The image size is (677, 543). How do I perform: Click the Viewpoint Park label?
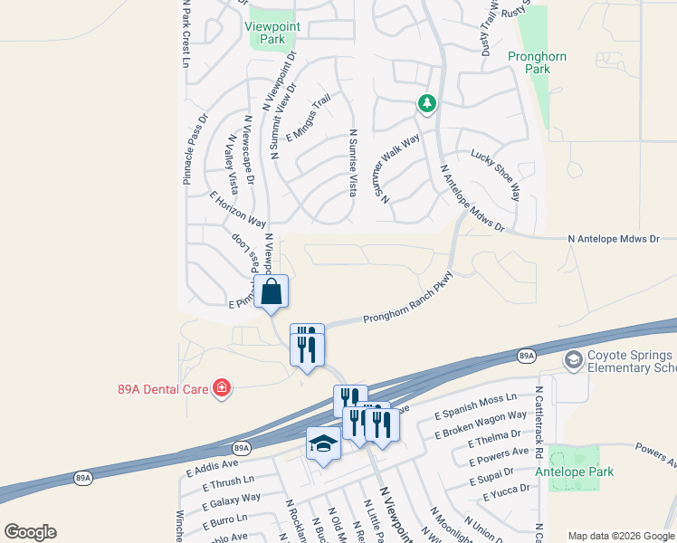pos(272,33)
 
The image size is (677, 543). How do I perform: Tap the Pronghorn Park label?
pos(537,62)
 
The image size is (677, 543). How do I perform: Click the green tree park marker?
pos(426,105)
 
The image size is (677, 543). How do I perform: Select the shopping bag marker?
pos(272,292)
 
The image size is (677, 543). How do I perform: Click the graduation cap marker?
pos(323,443)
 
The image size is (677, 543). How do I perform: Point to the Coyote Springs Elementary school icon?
pos(573,361)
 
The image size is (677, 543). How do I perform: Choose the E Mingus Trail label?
pos(309,119)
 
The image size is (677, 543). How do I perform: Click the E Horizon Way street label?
pos(237,209)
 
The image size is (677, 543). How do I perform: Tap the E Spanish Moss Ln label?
pos(474,398)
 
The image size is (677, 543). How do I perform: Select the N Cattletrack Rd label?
pos(538,425)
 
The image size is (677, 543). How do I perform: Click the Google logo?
pos(30,532)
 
